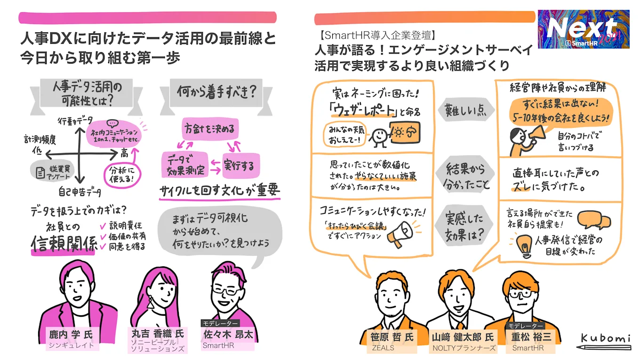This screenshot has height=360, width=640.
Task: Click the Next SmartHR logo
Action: point(583,29)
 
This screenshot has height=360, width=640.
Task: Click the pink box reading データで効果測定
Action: point(184,165)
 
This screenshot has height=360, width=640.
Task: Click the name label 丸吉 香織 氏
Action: point(157,334)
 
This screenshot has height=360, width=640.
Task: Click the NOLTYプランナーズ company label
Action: point(464,348)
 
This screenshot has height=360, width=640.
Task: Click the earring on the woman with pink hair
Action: point(151,303)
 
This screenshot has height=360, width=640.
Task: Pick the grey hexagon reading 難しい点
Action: point(464,111)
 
